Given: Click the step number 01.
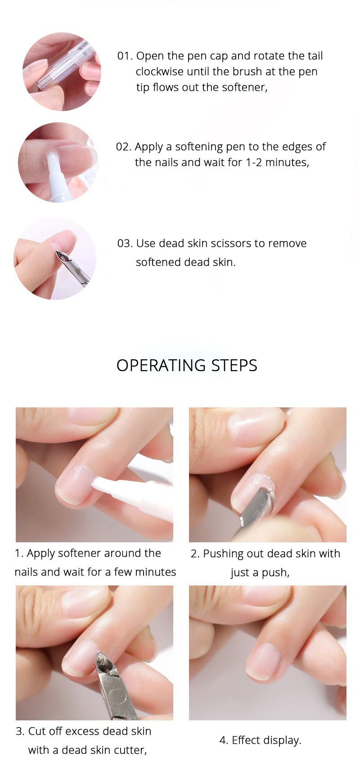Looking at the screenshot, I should [125, 56].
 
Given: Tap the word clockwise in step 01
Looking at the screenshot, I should [159, 72].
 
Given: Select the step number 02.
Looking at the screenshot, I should [123, 147].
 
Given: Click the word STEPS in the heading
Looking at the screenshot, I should [234, 366].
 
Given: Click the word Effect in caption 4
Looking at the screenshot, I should [246, 740].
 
